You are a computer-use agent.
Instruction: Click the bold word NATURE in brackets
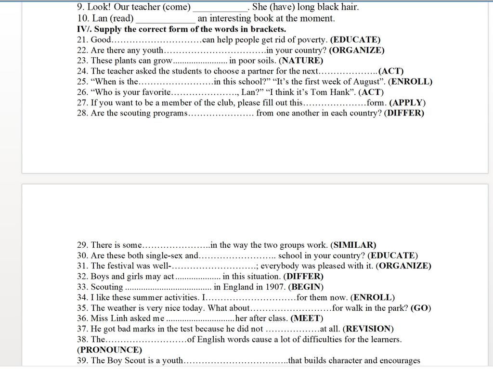(301, 61)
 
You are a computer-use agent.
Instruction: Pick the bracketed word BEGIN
(306, 287)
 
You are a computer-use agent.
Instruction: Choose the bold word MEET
(307, 318)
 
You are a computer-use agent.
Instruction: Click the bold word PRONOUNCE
(110, 350)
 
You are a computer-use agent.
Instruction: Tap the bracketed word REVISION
(368, 329)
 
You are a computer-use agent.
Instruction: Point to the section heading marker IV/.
(84, 29)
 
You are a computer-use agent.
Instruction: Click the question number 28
(82, 114)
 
